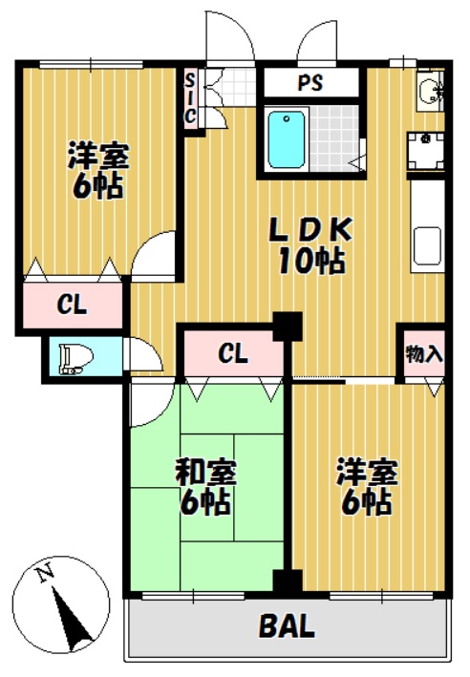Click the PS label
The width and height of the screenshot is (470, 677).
point(310,82)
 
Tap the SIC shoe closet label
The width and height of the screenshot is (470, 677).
point(190,98)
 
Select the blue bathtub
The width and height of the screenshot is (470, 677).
point(286,139)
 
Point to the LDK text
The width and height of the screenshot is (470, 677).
point(310,230)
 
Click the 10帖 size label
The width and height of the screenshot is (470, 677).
point(311,261)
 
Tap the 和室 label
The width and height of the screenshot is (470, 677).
point(205,473)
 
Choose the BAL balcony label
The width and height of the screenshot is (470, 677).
point(286,626)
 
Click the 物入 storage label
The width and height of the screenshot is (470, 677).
point(424,354)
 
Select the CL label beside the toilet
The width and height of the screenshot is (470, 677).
point(73,306)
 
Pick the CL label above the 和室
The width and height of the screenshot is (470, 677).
point(233,354)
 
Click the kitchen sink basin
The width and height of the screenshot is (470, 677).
point(427,246)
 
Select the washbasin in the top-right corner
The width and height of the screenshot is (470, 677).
point(428,92)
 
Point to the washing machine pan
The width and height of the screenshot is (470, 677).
point(425,151)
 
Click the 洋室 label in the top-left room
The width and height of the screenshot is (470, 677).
point(98,156)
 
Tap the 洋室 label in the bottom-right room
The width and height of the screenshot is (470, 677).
point(368,473)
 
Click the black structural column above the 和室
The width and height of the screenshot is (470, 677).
point(288,327)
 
